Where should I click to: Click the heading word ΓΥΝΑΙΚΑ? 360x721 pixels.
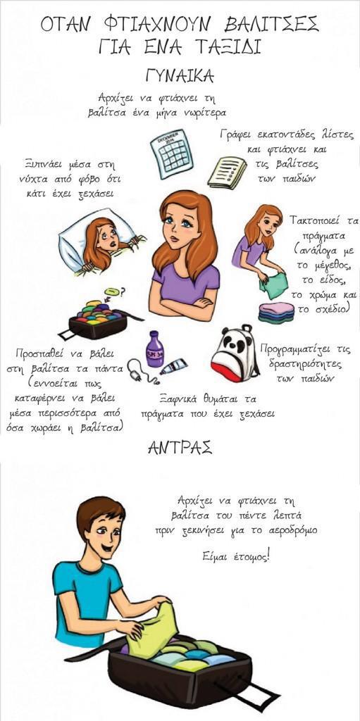180,76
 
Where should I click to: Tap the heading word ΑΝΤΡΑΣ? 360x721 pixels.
180,447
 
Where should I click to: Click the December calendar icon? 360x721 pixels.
172,153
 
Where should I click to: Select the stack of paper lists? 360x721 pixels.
227,173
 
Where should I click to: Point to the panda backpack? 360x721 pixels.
235,353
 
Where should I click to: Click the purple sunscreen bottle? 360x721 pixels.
155,349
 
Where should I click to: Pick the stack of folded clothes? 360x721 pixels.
276,313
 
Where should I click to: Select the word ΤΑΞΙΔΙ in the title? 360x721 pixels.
223,47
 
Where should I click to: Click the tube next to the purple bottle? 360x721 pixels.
173,367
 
